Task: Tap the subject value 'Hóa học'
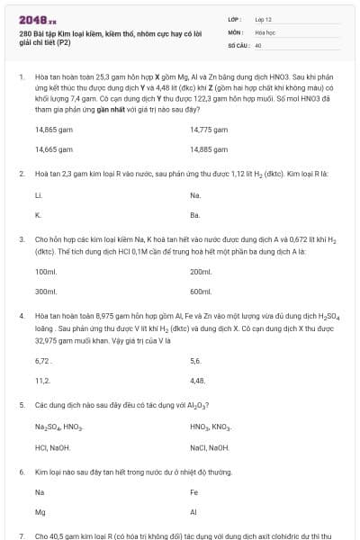point(265,31)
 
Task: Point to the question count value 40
point(258,44)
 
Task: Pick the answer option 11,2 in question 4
point(42,381)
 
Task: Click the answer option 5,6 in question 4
point(196,361)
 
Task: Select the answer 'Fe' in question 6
point(194,492)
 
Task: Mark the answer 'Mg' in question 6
point(40,512)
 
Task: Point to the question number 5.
point(21,406)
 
